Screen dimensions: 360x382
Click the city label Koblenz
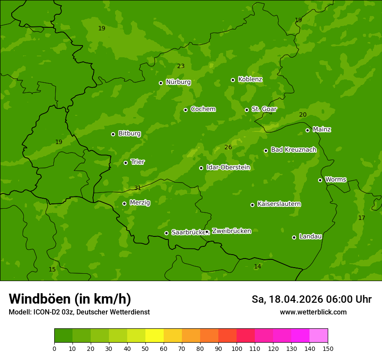coord(250,79)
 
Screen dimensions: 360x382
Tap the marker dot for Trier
coord(125,163)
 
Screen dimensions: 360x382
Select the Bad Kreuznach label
coord(293,150)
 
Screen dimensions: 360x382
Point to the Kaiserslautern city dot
coord(252,205)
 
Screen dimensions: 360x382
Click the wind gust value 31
coord(138,188)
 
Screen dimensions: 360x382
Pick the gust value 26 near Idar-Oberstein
coord(228,147)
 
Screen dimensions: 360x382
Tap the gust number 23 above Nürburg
coord(181,66)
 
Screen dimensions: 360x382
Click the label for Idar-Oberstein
coord(228,167)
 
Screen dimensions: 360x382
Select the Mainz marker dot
coord(307,130)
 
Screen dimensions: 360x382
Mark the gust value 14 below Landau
coord(257,266)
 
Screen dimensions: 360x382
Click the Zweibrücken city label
coord(231,231)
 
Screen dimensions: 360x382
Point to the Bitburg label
coord(129,134)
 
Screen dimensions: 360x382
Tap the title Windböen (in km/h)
coord(70,299)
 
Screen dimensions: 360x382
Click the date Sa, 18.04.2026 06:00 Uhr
coord(311,299)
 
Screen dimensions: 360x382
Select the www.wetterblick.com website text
coord(313,312)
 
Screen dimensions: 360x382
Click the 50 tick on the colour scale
coord(145,348)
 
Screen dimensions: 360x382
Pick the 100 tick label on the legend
coord(237,348)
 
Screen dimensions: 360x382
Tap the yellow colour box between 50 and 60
coord(155,336)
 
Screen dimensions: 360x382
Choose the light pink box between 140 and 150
coord(319,336)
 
